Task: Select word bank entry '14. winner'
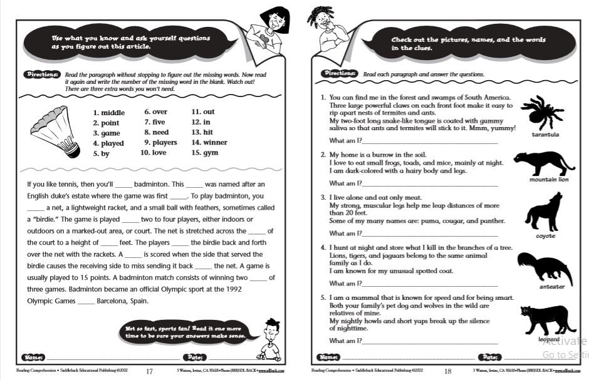coord(209,143)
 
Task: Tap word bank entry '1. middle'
coord(109,113)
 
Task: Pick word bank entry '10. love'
coord(153,152)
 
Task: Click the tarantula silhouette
coord(544,113)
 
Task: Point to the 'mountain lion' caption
coord(548,180)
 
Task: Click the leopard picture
coord(543,319)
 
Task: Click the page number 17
coord(149,371)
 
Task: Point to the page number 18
coord(447,371)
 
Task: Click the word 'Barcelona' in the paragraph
coord(115,300)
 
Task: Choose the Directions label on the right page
coord(340,74)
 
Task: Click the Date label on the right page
coord(489,357)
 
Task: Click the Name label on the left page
coord(33,357)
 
